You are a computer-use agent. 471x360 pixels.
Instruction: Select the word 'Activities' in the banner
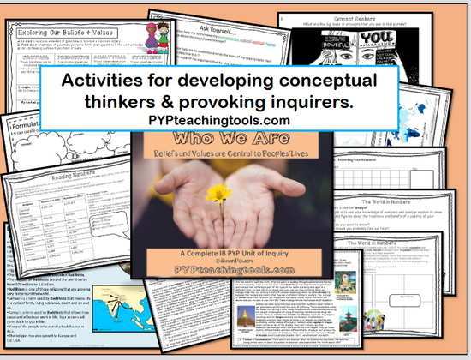point(107,81)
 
